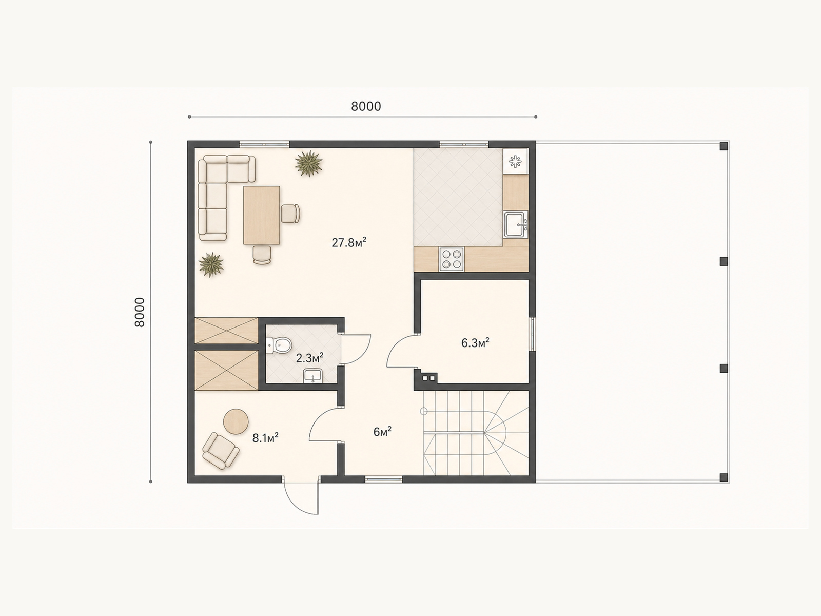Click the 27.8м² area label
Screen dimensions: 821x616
[x=348, y=242]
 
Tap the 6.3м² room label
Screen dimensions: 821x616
[x=475, y=342]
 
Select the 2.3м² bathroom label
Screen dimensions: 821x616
[x=309, y=358]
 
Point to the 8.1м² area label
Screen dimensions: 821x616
[x=265, y=437]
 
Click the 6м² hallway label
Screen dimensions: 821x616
[x=382, y=432]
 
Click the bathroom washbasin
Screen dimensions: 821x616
[x=313, y=376]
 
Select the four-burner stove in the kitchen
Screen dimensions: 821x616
[x=451, y=259]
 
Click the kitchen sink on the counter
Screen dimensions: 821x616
[x=515, y=224]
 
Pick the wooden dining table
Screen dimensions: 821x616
[x=262, y=215]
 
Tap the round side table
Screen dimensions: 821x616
[x=236, y=421]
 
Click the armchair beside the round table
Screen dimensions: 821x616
[x=221, y=451]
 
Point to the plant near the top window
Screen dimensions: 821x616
[x=308, y=163]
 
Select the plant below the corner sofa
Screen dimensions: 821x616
[x=211, y=264]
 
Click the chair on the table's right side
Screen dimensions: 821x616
[x=290, y=214]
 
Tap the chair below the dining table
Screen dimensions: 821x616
[x=262, y=255]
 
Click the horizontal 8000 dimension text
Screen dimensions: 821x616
[x=366, y=107]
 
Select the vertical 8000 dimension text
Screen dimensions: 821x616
[x=140, y=312]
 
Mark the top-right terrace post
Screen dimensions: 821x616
[x=724, y=146]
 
